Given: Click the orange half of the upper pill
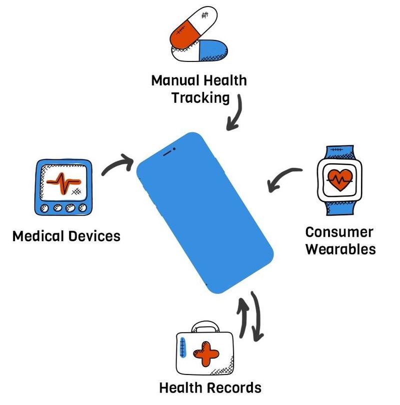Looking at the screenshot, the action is (x=184, y=34).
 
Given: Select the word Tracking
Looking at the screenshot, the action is (x=200, y=98).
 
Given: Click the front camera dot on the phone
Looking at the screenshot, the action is (x=174, y=149).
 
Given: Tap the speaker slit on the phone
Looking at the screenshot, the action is (x=167, y=153).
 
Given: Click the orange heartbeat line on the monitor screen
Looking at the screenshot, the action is (x=63, y=183).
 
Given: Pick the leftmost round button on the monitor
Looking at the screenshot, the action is (x=44, y=208).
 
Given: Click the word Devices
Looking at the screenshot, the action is (x=94, y=236).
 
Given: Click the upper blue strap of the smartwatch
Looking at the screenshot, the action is (x=339, y=152).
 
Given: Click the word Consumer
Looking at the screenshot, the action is (x=339, y=232).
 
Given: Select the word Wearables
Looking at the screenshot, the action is (x=340, y=249).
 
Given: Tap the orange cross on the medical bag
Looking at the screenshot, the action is (x=206, y=354).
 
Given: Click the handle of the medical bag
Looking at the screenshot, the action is (x=205, y=326).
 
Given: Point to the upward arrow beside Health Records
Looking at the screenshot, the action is (x=243, y=318).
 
